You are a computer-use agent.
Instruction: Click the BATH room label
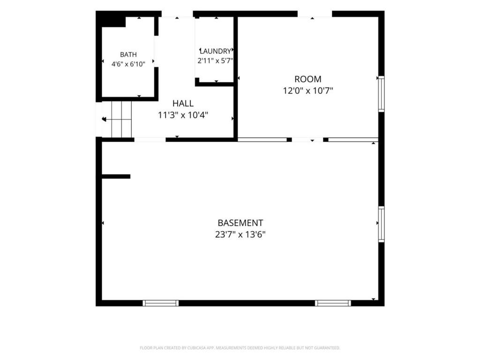click(x=128, y=54)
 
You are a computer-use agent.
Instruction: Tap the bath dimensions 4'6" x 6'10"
click(x=128, y=64)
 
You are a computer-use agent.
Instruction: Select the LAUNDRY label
click(x=216, y=51)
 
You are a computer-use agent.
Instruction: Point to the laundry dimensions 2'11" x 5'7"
click(x=216, y=60)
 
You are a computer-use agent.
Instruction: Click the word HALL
click(x=183, y=104)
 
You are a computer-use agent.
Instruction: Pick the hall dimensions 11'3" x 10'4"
click(x=183, y=115)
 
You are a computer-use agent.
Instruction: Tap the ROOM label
click(x=307, y=79)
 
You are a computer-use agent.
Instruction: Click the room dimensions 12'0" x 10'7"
click(x=307, y=90)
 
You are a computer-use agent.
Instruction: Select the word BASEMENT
click(x=240, y=223)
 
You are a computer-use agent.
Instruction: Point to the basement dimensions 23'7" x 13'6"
click(x=240, y=234)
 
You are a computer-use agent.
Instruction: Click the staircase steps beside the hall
click(x=121, y=120)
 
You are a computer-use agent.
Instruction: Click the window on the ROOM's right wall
click(x=381, y=94)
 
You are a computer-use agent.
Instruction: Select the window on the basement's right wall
click(x=381, y=224)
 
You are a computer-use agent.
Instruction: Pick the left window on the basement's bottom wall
click(x=160, y=303)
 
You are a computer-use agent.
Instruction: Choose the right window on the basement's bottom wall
click(x=333, y=303)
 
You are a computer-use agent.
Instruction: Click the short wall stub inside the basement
click(x=116, y=176)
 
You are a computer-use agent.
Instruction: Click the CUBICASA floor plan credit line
click(x=240, y=348)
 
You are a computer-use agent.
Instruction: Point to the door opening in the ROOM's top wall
click(x=315, y=14)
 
